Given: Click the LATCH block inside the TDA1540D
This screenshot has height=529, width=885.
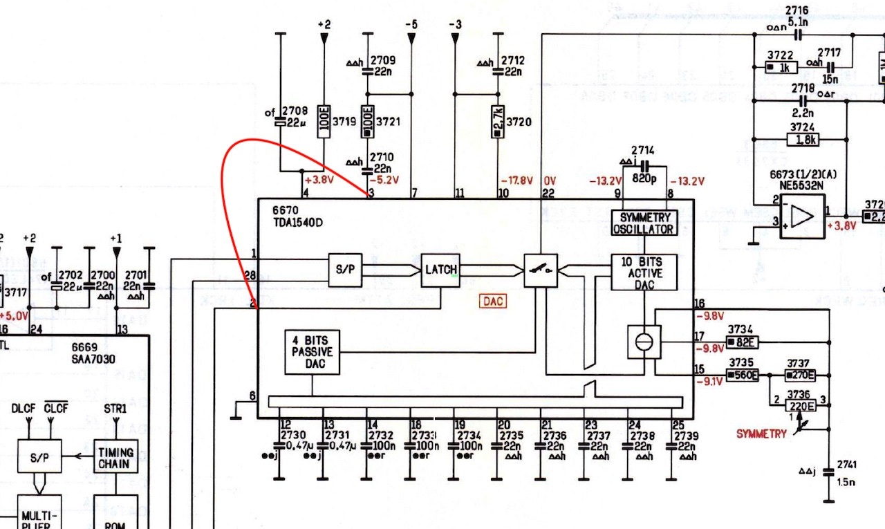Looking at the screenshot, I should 440,270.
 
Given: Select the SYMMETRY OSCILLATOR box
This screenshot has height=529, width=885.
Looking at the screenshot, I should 644,223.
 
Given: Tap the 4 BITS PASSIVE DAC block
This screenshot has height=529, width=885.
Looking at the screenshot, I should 312,352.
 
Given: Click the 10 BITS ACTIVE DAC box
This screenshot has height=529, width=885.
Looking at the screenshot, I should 644,272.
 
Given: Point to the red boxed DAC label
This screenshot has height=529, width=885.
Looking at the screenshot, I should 494,301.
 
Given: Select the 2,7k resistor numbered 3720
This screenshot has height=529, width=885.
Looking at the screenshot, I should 498,122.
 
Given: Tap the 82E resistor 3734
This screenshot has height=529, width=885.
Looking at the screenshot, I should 743,341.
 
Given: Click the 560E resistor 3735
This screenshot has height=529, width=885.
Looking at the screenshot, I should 743,375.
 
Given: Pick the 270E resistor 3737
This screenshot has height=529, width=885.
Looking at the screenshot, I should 800,375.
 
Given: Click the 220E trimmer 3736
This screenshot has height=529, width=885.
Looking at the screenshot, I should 800,405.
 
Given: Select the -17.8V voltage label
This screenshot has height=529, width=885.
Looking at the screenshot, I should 516,181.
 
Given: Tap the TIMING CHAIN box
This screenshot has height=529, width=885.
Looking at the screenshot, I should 115,457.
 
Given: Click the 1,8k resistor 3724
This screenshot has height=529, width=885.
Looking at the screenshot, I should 803,139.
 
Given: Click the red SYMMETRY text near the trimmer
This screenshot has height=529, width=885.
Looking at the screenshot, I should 761,434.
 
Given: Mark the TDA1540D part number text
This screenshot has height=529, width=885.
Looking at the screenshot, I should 297,223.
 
